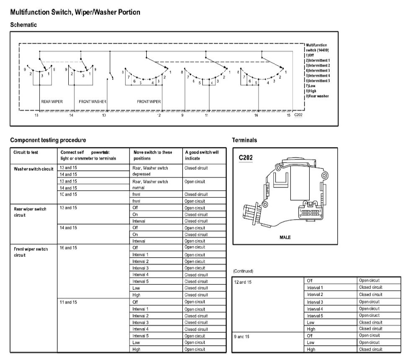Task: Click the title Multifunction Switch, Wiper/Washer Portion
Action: [75, 13]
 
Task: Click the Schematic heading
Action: [23, 25]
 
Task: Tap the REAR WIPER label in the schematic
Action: [52, 102]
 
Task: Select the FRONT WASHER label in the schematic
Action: [93, 102]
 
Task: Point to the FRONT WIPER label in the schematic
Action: [149, 102]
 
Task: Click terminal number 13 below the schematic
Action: [36, 115]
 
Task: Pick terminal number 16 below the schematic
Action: [256, 115]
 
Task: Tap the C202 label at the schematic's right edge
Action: [298, 114]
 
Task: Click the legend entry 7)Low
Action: [312, 85]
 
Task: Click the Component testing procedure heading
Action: [48, 140]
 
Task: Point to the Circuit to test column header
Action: [26, 152]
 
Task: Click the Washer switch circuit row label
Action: [34, 169]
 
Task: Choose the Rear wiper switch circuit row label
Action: [30, 212]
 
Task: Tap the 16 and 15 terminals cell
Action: [69, 248]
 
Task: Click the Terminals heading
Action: [244, 140]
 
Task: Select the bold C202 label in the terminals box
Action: [246, 157]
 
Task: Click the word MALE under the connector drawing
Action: [285, 237]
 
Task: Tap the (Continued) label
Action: [243, 271]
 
